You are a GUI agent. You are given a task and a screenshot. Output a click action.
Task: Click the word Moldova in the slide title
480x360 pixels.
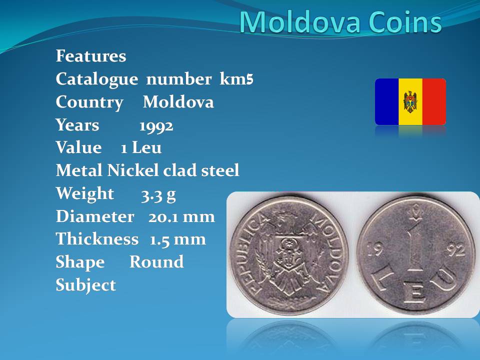click(x=299, y=21)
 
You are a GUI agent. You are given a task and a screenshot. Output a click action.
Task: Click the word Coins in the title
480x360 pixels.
click(x=405, y=21)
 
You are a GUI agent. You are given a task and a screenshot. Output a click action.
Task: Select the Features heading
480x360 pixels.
click(x=91, y=55)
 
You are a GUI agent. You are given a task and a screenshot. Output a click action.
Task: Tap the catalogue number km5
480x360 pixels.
click(x=236, y=78)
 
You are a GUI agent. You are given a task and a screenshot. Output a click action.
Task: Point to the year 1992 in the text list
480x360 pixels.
click(x=156, y=126)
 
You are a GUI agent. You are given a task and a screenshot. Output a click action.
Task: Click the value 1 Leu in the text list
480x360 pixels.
click(x=141, y=147)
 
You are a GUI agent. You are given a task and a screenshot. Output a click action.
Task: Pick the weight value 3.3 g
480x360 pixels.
click(x=158, y=194)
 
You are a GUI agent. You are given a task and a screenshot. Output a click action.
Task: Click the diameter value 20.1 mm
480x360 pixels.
click(x=181, y=216)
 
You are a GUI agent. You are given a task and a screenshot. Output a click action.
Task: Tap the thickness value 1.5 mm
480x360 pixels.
click(x=177, y=239)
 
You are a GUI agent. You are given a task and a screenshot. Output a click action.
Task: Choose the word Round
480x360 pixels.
click(x=156, y=262)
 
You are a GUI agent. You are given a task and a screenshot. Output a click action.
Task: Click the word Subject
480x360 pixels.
click(x=85, y=285)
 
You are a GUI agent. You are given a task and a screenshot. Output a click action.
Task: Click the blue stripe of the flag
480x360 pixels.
click(x=387, y=101)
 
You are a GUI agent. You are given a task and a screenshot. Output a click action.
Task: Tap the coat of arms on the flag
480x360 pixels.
click(x=410, y=101)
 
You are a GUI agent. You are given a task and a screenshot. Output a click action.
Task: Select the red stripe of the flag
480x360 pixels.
click(x=434, y=101)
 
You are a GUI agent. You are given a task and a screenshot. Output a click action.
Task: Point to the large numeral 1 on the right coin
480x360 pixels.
click(x=415, y=247)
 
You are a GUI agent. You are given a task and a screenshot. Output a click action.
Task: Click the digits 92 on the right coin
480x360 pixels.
click(x=456, y=250)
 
